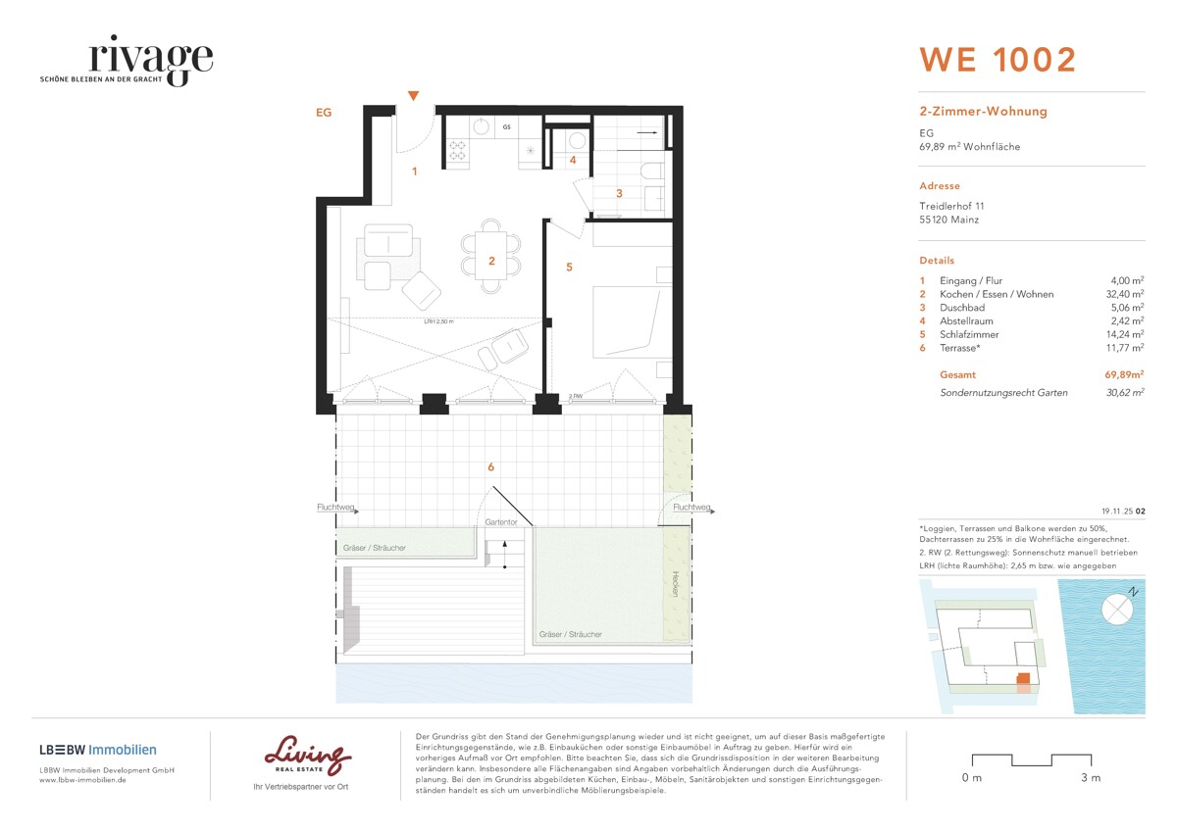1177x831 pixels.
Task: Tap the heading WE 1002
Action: [x=997, y=60]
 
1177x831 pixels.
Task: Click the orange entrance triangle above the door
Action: [x=414, y=95]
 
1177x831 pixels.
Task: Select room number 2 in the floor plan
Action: [x=492, y=261]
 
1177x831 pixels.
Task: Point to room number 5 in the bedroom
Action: [x=568, y=266]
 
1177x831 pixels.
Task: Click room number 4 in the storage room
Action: [x=574, y=160]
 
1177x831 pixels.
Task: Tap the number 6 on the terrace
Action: [x=491, y=467]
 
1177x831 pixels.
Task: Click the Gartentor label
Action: [x=500, y=522]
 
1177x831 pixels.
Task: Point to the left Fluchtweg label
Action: [x=334, y=508]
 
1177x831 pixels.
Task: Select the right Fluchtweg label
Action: [x=691, y=508]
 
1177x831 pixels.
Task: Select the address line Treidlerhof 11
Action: [x=951, y=207]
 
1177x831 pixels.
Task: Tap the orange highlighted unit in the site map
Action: [x=1022, y=678]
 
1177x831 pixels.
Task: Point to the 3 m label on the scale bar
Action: [x=1090, y=778]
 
